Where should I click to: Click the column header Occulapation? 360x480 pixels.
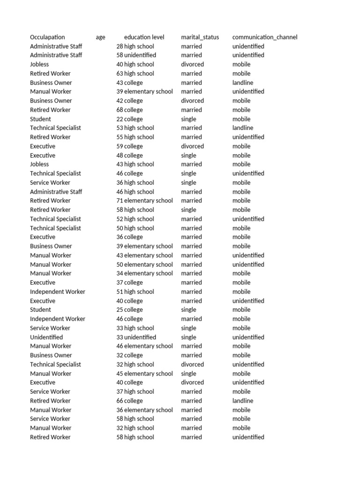pos(47,37)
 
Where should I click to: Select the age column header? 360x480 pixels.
pos(100,37)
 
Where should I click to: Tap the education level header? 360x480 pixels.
pos(144,37)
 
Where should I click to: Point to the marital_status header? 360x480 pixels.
pos(200,37)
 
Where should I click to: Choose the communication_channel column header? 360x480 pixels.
pos(264,37)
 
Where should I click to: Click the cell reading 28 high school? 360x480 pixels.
pos(135,46)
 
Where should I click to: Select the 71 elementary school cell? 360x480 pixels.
pos(144,201)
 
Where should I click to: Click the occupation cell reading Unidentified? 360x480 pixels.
pos(46,337)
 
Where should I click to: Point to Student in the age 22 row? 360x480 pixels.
pos(40,119)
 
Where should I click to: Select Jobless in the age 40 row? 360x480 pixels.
pos(39,64)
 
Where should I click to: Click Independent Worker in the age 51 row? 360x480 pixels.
pos(57,292)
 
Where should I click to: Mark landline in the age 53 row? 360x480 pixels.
pos(242,127)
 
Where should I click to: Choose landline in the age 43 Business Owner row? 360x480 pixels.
pos(242,82)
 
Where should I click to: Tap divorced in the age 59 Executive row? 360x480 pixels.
pos(192,146)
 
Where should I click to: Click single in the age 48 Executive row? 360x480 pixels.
pos(188,155)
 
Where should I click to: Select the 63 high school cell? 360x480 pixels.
pos(135,74)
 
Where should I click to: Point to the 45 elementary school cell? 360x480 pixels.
pos(144,374)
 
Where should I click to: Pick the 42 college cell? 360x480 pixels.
pos(129,101)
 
